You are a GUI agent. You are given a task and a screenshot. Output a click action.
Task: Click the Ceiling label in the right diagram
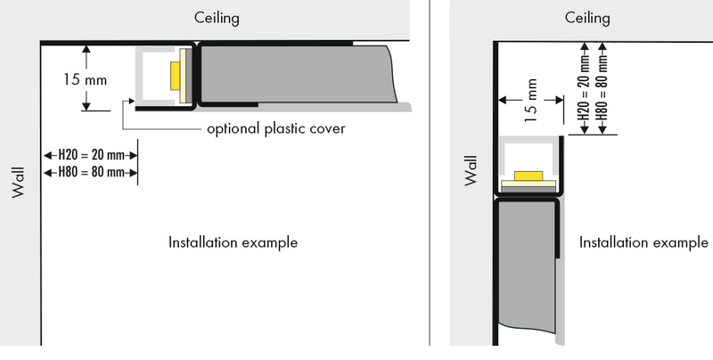pos(587,18)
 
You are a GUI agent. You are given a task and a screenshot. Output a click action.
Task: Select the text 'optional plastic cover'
pos(275,129)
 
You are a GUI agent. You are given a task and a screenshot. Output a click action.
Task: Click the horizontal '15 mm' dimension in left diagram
pos(86,79)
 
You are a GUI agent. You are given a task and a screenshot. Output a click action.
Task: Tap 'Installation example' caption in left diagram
pos(234,241)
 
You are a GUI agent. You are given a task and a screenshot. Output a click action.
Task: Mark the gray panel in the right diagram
pos(526,267)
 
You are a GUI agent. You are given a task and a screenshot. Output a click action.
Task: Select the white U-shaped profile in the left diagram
pos(143,76)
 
